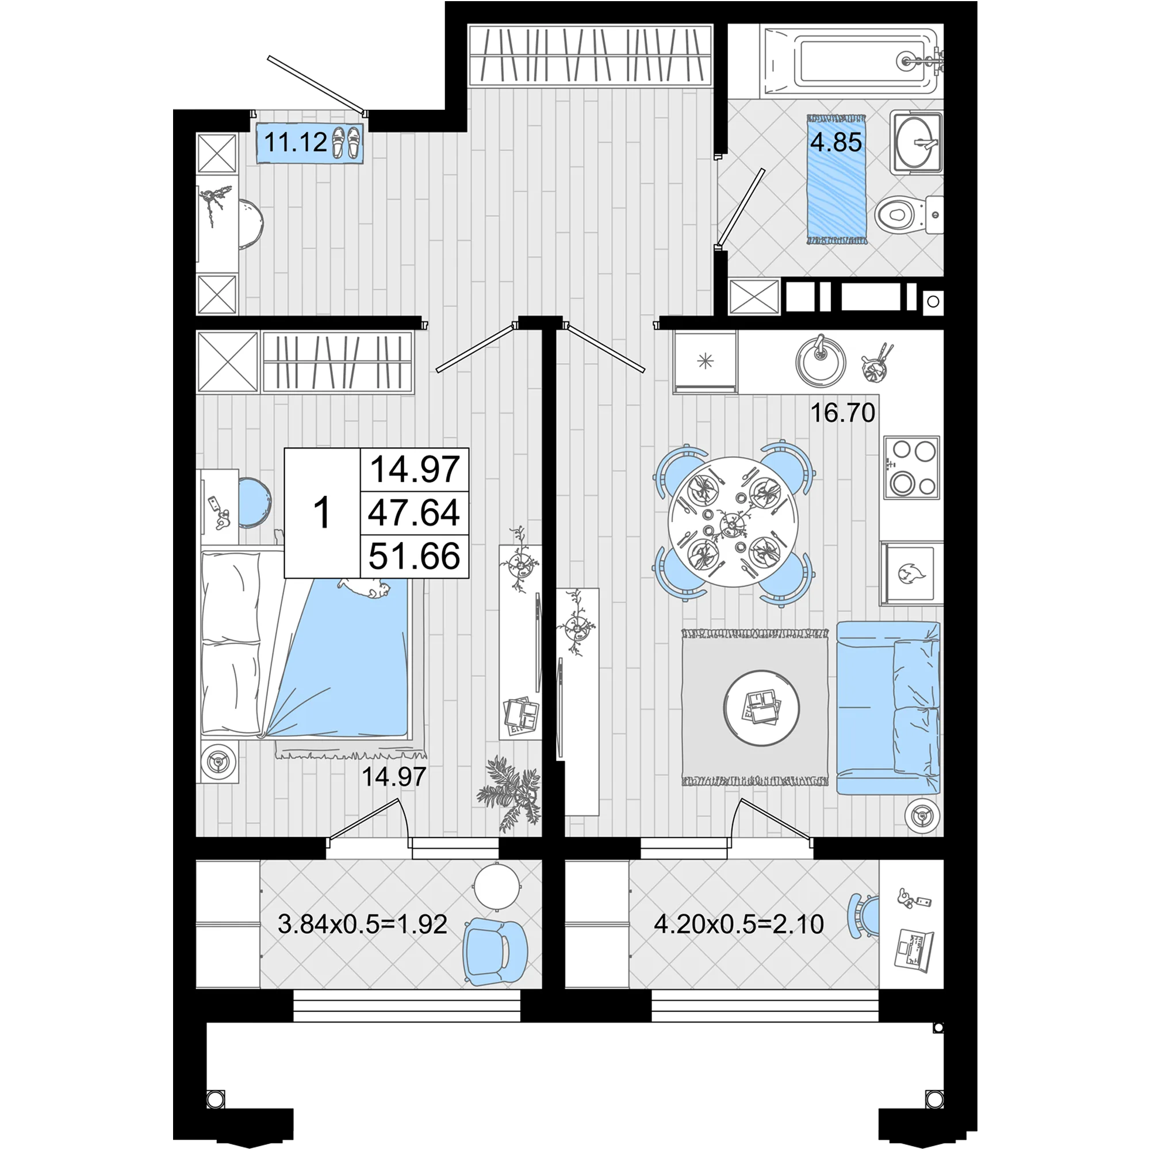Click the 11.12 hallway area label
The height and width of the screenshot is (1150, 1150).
[x=295, y=143]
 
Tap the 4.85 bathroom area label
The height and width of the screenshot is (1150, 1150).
[x=835, y=143]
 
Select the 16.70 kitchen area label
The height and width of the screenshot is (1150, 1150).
[x=843, y=412]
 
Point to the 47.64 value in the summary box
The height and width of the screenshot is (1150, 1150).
[x=414, y=512]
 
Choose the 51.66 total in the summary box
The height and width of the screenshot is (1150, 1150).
[x=414, y=557]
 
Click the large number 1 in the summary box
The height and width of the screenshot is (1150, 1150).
[x=322, y=513]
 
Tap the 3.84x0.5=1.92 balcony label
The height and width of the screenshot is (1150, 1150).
[x=362, y=925]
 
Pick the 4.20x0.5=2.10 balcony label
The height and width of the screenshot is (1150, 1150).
[x=739, y=925]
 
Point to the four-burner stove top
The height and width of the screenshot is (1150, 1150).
[x=912, y=467]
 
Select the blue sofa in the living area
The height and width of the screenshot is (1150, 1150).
[x=889, y=708]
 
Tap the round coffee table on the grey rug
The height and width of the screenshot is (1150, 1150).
[x=761, y=708]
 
